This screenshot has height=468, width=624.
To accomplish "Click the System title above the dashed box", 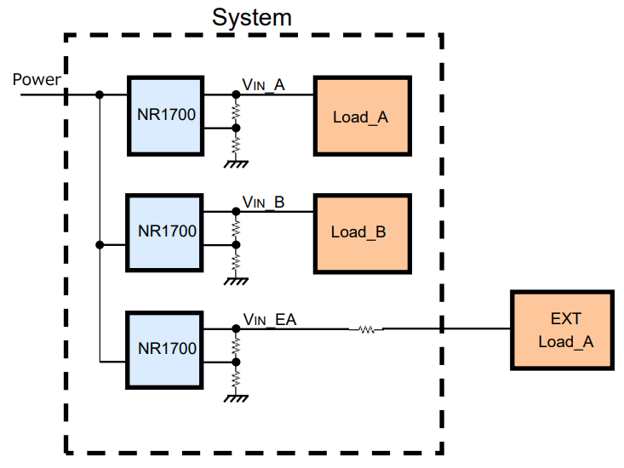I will [x=252, y=17].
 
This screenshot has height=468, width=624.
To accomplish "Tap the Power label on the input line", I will [x=37, y=80].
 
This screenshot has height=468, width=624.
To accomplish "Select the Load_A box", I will [x=362, y=117].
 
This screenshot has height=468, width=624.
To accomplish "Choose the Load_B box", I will [x=361, y=231].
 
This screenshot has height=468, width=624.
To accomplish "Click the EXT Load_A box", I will [x=563, y=330].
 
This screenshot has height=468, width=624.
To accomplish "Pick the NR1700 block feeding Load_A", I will [x=166, y=117].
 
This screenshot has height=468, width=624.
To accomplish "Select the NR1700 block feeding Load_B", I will [x=166, y=231].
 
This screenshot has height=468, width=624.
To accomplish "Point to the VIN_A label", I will [x=264, y=84].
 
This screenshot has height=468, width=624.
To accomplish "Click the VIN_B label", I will [x=264, y=202].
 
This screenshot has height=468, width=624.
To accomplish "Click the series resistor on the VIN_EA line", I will [x=366, y=328].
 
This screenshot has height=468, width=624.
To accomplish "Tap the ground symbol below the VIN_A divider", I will [x=236, y=161].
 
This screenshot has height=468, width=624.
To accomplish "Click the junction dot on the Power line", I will [x=100, y=94].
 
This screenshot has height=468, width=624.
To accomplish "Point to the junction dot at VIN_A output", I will [x=236, y=94].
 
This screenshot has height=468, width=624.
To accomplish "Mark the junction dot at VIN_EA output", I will [x=236, y=328].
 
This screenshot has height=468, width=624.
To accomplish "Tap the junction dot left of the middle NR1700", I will [x=100, y=245].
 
